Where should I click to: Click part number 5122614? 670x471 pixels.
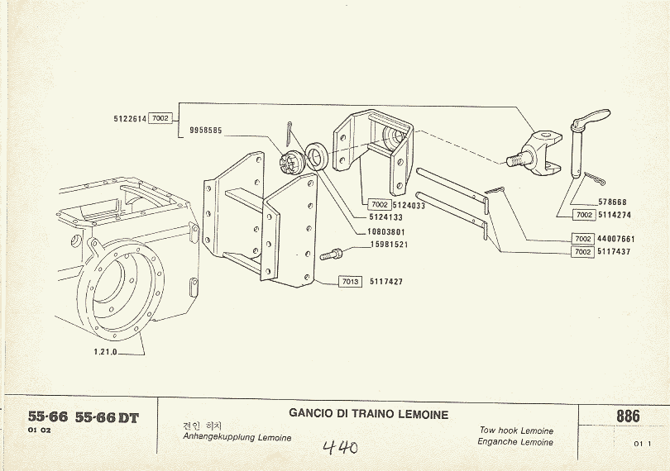tap(130, 119)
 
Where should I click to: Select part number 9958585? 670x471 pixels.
tap(205, 131)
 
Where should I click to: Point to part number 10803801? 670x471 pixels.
tap(386, 232)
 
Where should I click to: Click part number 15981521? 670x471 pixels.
tap(390, 245)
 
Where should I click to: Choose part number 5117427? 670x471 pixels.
tap(386, 282)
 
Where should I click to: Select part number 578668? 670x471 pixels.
tap(612, 202)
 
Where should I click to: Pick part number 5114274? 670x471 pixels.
tap(615, 215)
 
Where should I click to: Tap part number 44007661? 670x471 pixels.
tap(615, 240)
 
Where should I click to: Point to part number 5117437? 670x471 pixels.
tap(615, 252)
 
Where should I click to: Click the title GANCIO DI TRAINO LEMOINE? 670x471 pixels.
tap(369, 414)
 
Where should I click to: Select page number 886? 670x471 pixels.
tap(628, 416)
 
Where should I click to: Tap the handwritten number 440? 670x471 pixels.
tap(340, 447)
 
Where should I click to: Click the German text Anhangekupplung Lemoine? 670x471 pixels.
tap(237, 437)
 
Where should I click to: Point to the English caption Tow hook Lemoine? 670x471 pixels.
tap(516, 431)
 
